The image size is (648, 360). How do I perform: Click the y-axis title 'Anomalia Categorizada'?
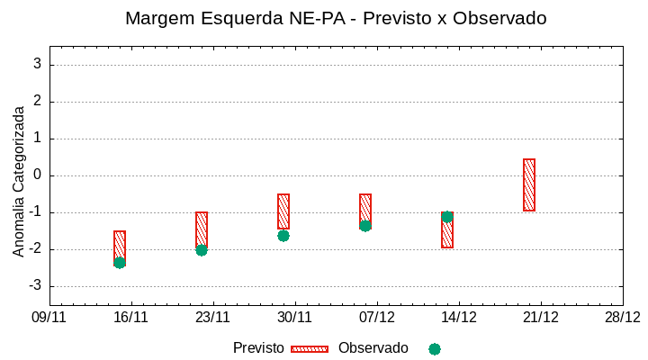pyautogui.click(x=19, y=181)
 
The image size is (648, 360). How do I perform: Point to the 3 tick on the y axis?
pyautogui.click(x=38, y=64)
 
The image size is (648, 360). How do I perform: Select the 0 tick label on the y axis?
pyautogui.click(x=38, y=175)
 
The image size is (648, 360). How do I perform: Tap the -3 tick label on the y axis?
pyautogui.click(x=34, y=285)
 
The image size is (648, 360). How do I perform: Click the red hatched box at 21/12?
pyautogui.click(x=529, y=184)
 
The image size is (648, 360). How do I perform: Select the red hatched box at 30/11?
pyautogui.click(x=283, y=211)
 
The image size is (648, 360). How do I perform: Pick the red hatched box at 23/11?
pyautogui.click(x=202, y=230)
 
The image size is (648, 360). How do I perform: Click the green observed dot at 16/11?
pyautogui.click(x=120, y=263)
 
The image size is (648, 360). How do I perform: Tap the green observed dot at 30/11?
pyautogui.click(x=283, y=236)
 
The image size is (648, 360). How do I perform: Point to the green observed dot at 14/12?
pyautogui.click(x=447, y=217)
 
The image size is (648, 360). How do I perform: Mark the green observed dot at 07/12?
pyautogui.click(x=365, y=226)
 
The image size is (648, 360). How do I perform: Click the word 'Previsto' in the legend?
pyautogui.click(x=258, y=348)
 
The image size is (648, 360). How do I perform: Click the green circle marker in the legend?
pyautogui.click(x=435, y=349)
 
